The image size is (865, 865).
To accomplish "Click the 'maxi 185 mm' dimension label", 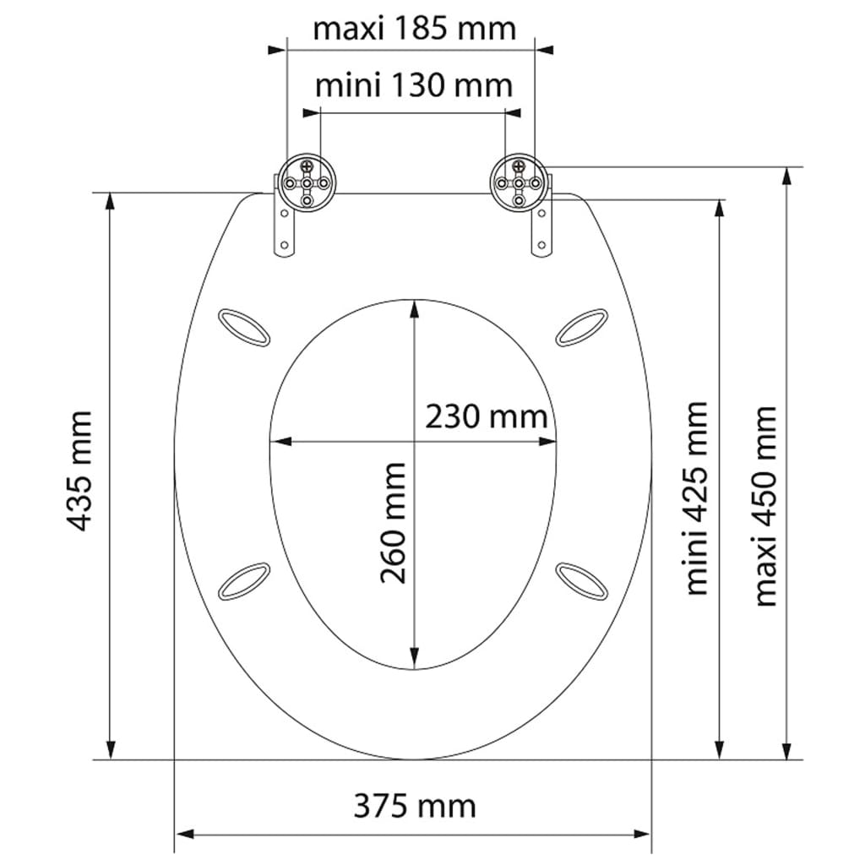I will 414,29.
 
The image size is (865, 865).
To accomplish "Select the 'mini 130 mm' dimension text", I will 414,85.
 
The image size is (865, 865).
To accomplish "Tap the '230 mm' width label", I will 486,416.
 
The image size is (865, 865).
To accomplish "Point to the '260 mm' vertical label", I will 393,523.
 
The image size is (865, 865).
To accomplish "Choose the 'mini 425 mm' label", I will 696,498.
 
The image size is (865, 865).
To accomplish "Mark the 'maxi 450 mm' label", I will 765,506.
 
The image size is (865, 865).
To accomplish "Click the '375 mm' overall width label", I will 414,806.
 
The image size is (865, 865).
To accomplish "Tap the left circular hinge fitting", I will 309,181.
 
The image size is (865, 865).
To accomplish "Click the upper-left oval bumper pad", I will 243,326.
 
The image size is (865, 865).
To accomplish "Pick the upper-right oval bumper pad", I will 582,326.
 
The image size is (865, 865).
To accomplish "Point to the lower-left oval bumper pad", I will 243,581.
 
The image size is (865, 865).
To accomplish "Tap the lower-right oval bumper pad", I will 582,581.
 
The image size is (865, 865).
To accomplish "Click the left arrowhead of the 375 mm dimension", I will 182,835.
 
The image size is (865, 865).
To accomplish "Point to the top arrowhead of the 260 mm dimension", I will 414,307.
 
